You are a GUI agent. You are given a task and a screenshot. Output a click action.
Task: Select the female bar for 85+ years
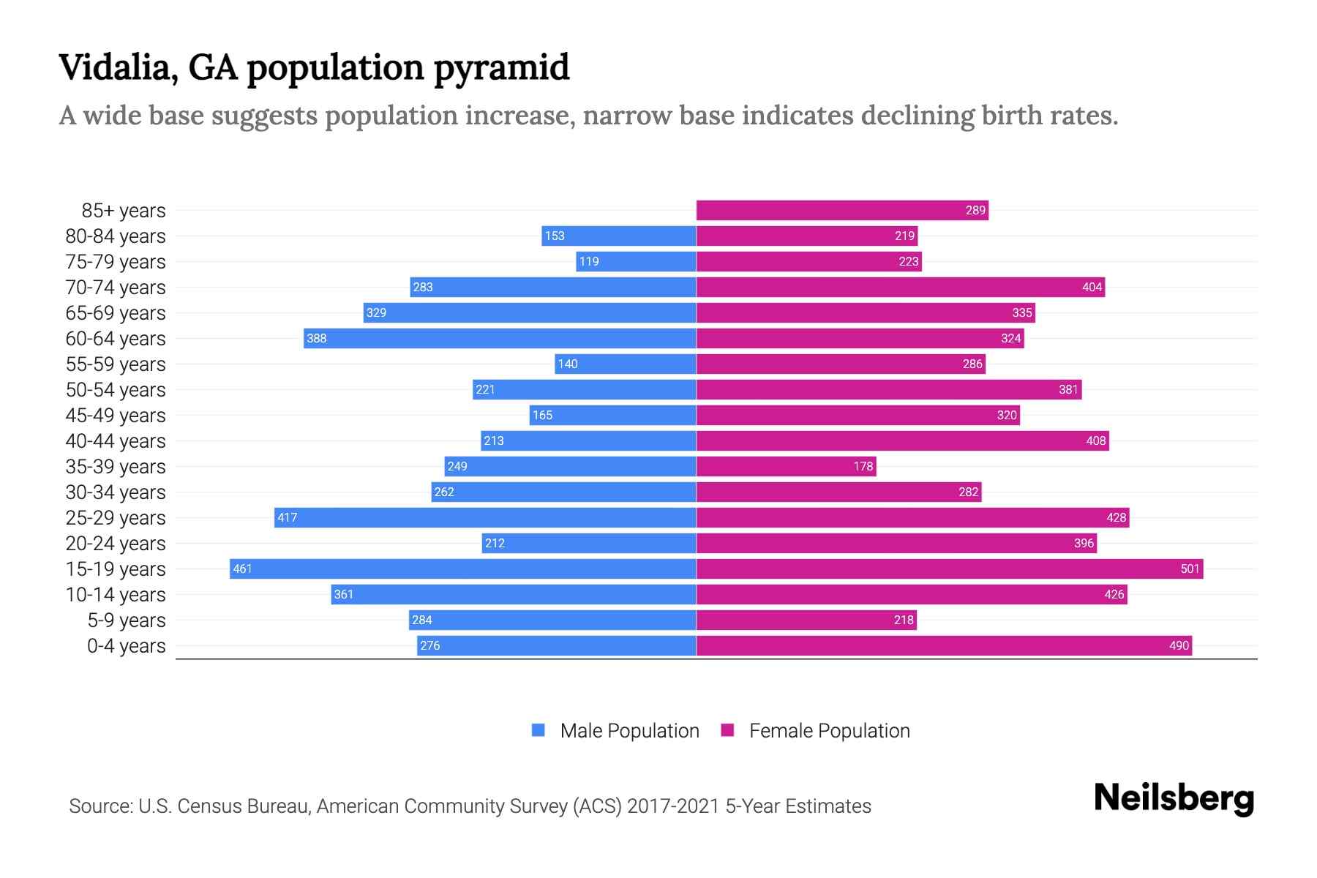click(x=841, y=210)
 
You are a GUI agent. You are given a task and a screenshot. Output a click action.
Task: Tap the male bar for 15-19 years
click(x=462, y=569)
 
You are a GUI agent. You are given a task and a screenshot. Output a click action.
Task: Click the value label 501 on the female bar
click(x=1190, y=569)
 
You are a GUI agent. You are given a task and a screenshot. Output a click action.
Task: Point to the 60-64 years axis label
click(x=116, y=339)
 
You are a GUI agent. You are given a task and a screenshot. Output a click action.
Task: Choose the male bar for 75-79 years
click(x=635, y=261)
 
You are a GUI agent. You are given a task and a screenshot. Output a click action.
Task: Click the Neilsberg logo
click(x=1174, y=798)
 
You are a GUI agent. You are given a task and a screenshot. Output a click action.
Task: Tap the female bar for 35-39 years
click(x=786, y=466)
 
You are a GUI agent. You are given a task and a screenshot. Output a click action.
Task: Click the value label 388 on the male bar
click(x=317, y=338)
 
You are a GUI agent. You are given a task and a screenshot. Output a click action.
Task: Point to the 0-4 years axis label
click(x=126, y=646)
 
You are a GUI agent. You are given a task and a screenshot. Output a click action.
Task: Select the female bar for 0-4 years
click(x=944, y=645)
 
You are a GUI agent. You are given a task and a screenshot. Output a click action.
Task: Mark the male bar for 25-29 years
click(x=484, y=517)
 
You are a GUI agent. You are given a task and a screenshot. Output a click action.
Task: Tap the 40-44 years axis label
click(x=116, y=441)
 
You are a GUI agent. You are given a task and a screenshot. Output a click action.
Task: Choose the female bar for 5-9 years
click(x=806, y=620)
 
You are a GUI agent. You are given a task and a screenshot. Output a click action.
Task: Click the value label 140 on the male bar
click(x=568, y=364)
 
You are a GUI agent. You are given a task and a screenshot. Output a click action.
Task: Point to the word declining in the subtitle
click(x=918, y=116)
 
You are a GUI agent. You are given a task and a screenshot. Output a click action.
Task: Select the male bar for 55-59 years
click(x=626, y=364)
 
